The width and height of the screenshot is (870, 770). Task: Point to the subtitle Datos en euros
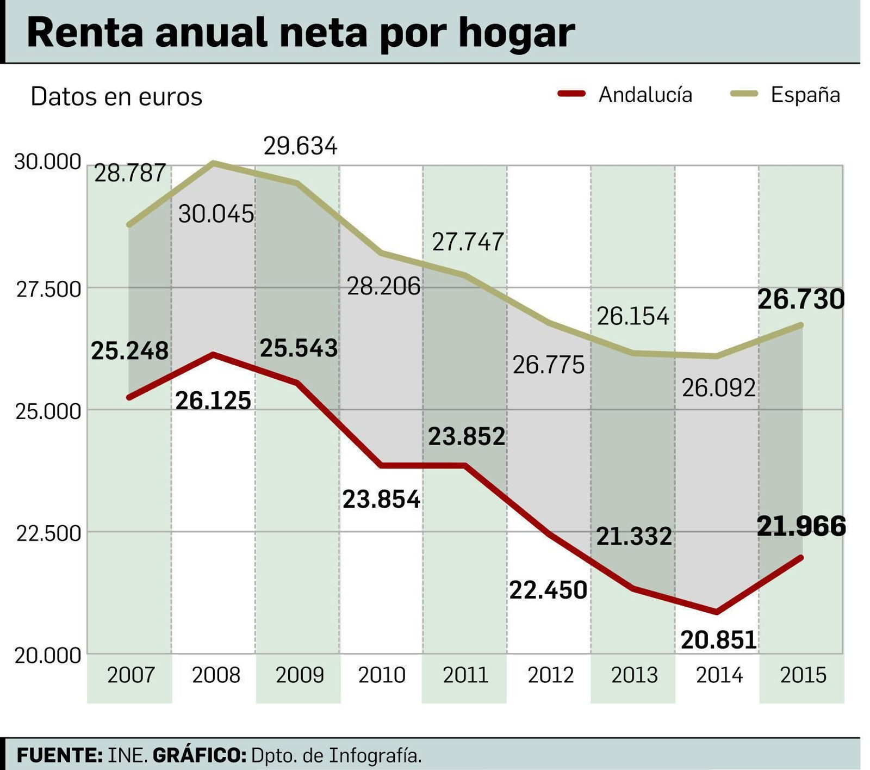point(116,97)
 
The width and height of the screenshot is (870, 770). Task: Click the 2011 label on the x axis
point(465,675)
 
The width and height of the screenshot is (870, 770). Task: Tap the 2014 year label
point(719,675)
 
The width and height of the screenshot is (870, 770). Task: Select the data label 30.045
point(216,214)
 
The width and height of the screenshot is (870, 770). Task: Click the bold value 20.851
point(718,640)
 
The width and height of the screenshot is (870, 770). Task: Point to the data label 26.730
point(801,299)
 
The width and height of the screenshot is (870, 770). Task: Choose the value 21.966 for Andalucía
point(801,526)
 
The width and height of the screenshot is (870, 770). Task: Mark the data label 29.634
point(300,146)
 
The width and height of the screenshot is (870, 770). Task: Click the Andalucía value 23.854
point(381,499)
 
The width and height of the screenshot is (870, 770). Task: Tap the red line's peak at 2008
point(214,355)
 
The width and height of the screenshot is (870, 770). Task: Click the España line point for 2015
point(801,325)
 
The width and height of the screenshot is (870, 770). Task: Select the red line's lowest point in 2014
point(717,612)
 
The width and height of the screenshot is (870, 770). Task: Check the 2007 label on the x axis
point(130,675)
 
